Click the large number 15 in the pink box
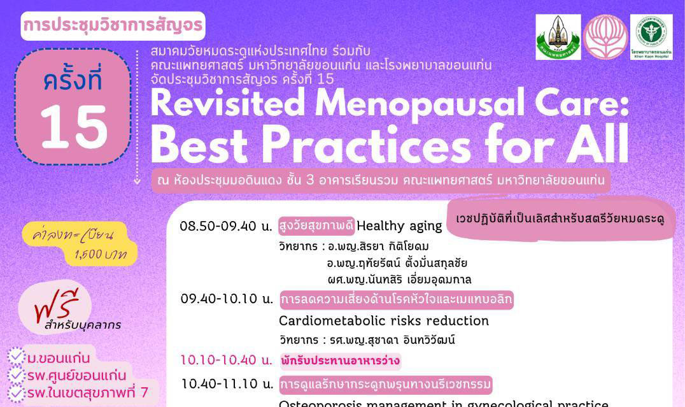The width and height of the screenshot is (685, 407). (x=73, y=125)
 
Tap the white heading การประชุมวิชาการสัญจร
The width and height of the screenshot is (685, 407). (x=113, y=25)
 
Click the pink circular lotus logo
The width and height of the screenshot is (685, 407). (x=605, y=37)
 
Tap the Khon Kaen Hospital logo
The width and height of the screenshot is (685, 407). (x=651, y=37)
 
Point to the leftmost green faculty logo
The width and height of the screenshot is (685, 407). (x=558, y=37)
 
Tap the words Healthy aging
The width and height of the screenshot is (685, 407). (x=399, y=225)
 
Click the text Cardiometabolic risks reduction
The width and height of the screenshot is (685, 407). (x=384, y=320)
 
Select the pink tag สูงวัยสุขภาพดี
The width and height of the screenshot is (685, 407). (x=316, y=225)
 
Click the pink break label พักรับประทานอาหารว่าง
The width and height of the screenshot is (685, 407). (x=341, y=361)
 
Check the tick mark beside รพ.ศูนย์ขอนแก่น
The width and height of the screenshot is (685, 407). (x=17, y=375)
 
